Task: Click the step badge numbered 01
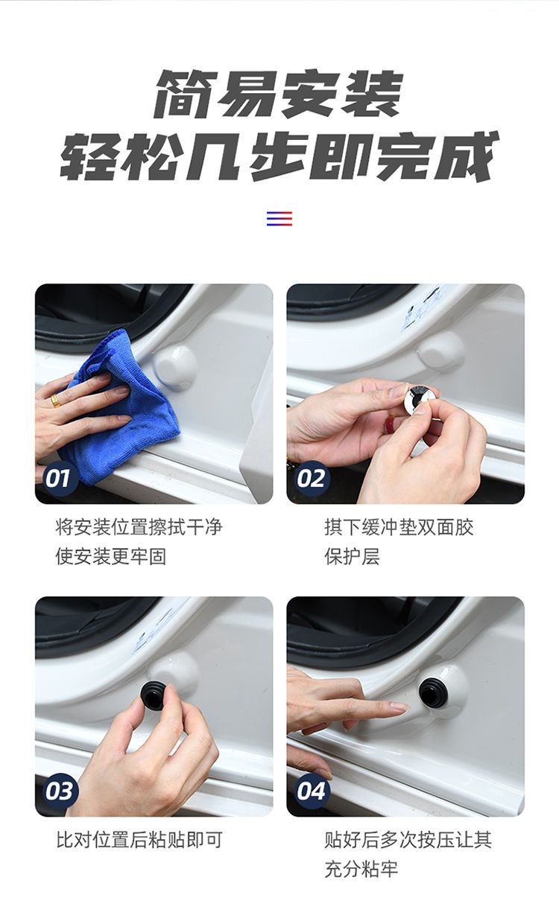[x=58, y=479]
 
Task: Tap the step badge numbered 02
[x=311, y=479]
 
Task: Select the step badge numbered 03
[x=58, y=791]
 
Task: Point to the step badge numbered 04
[x=311, y=791]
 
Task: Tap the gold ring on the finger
[x=55, y=400]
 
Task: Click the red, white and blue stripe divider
[x=279, y=218]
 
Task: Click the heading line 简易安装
[x=279, y=94]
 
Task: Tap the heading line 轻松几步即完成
[x=279, y=156]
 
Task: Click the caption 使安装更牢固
[x=111, y=557]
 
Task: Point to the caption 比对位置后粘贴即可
[x=139, y=840]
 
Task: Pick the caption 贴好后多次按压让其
[x=408, y=840]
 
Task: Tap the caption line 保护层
[x=352, y=557]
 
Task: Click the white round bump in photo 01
[x=174, y=364]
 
